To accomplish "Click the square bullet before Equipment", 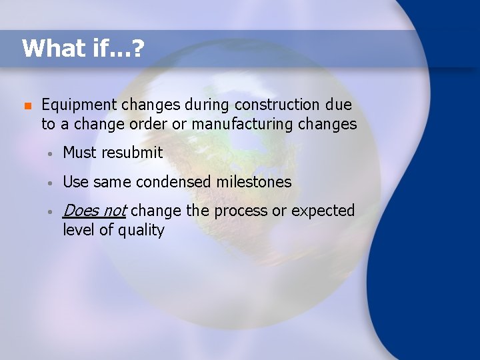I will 26,105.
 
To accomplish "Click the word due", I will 339,105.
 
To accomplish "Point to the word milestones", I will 256,181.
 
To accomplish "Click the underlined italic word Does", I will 81,211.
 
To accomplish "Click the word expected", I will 323,211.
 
